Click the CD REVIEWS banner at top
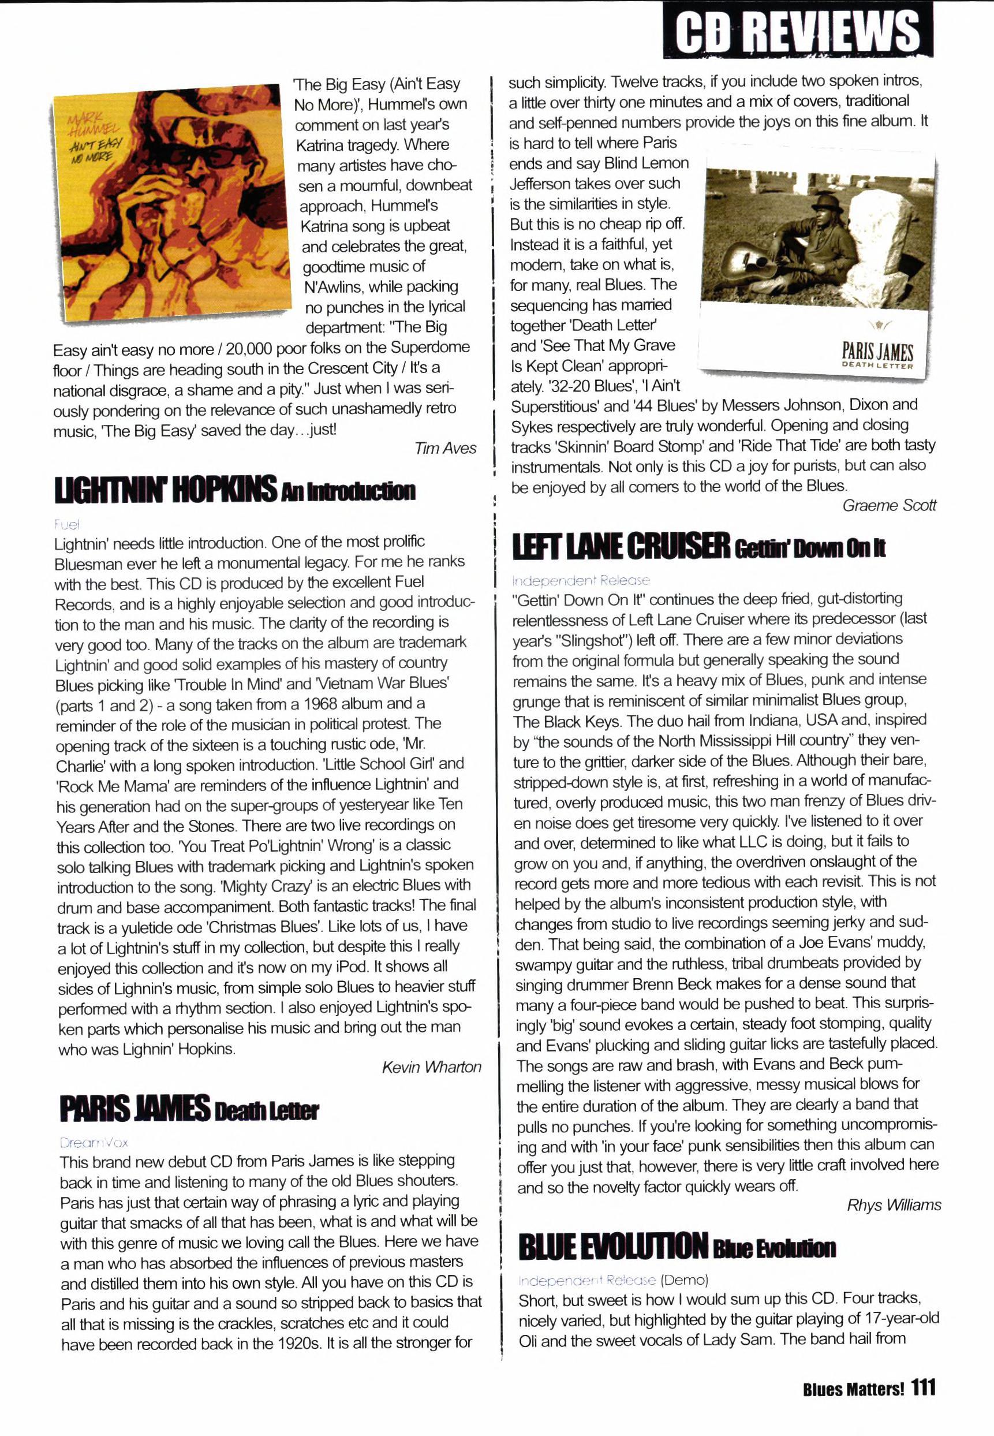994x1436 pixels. point(797,31)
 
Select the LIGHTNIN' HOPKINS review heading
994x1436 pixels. point(165,489)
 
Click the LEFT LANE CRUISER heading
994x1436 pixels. point(621,546)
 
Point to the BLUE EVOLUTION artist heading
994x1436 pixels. point(613,1245)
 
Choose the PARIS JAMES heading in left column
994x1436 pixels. point(134,1109)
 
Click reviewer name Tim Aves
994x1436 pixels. point(444,448)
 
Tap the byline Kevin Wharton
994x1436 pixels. point(431,1066)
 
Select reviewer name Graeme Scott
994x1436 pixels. point(889,505)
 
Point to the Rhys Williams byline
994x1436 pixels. point(893,1205)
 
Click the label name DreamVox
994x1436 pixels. point(94,1142)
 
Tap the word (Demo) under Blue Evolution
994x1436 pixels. point(684,1280)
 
